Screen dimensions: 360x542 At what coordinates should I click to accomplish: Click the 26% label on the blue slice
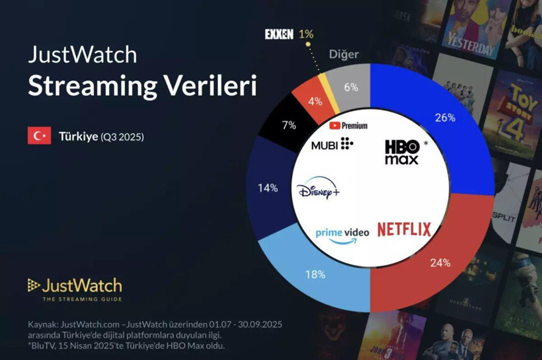[445, 118]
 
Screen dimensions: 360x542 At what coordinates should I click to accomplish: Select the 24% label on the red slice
[440, 263]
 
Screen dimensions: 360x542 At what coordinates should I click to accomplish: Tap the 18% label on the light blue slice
[315, 273]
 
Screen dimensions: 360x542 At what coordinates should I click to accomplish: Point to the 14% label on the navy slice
[268, 188]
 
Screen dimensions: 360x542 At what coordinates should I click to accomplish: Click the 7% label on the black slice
[289, 125]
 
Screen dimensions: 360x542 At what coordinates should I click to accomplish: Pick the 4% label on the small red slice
[315, 102]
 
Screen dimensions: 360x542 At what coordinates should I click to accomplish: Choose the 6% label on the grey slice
[351, 87]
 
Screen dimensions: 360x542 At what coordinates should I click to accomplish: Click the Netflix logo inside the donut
[404, 229]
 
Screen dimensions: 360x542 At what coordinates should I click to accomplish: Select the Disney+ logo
[318, 190]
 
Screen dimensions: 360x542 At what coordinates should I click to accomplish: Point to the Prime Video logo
[342, 235]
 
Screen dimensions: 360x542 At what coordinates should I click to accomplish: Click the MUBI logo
[332, 144]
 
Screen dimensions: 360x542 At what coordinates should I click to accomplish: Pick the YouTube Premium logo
[348, 125]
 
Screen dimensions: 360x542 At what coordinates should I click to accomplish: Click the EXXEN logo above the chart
[279, 34]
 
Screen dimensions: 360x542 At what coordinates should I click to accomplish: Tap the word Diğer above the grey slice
[344, 55]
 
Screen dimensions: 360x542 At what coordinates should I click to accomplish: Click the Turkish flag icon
[39, 136]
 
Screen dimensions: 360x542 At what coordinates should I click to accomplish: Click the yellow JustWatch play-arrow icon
[33, 285]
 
